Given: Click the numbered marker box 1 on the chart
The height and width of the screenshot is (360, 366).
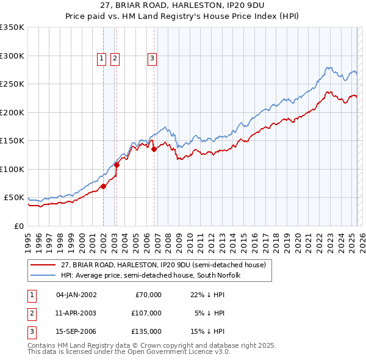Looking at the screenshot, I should tap(101, 59).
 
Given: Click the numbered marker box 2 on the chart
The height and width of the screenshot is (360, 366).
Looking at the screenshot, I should tap(115, 59).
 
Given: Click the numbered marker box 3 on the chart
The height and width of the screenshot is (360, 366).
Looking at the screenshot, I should tap(151, 59).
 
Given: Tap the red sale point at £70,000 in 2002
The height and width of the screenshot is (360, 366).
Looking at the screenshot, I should tap(103, 187).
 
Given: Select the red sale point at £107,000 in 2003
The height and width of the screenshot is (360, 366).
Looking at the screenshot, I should tap(117, 164).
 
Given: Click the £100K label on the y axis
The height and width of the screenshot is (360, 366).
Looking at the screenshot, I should tap(12, 169).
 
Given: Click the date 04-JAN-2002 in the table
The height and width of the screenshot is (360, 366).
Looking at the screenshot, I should tap(76, 295).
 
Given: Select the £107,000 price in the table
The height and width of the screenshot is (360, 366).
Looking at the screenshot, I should tap(146, 313).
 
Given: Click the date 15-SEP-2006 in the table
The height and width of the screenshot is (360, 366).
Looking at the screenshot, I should tap(76, 331).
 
